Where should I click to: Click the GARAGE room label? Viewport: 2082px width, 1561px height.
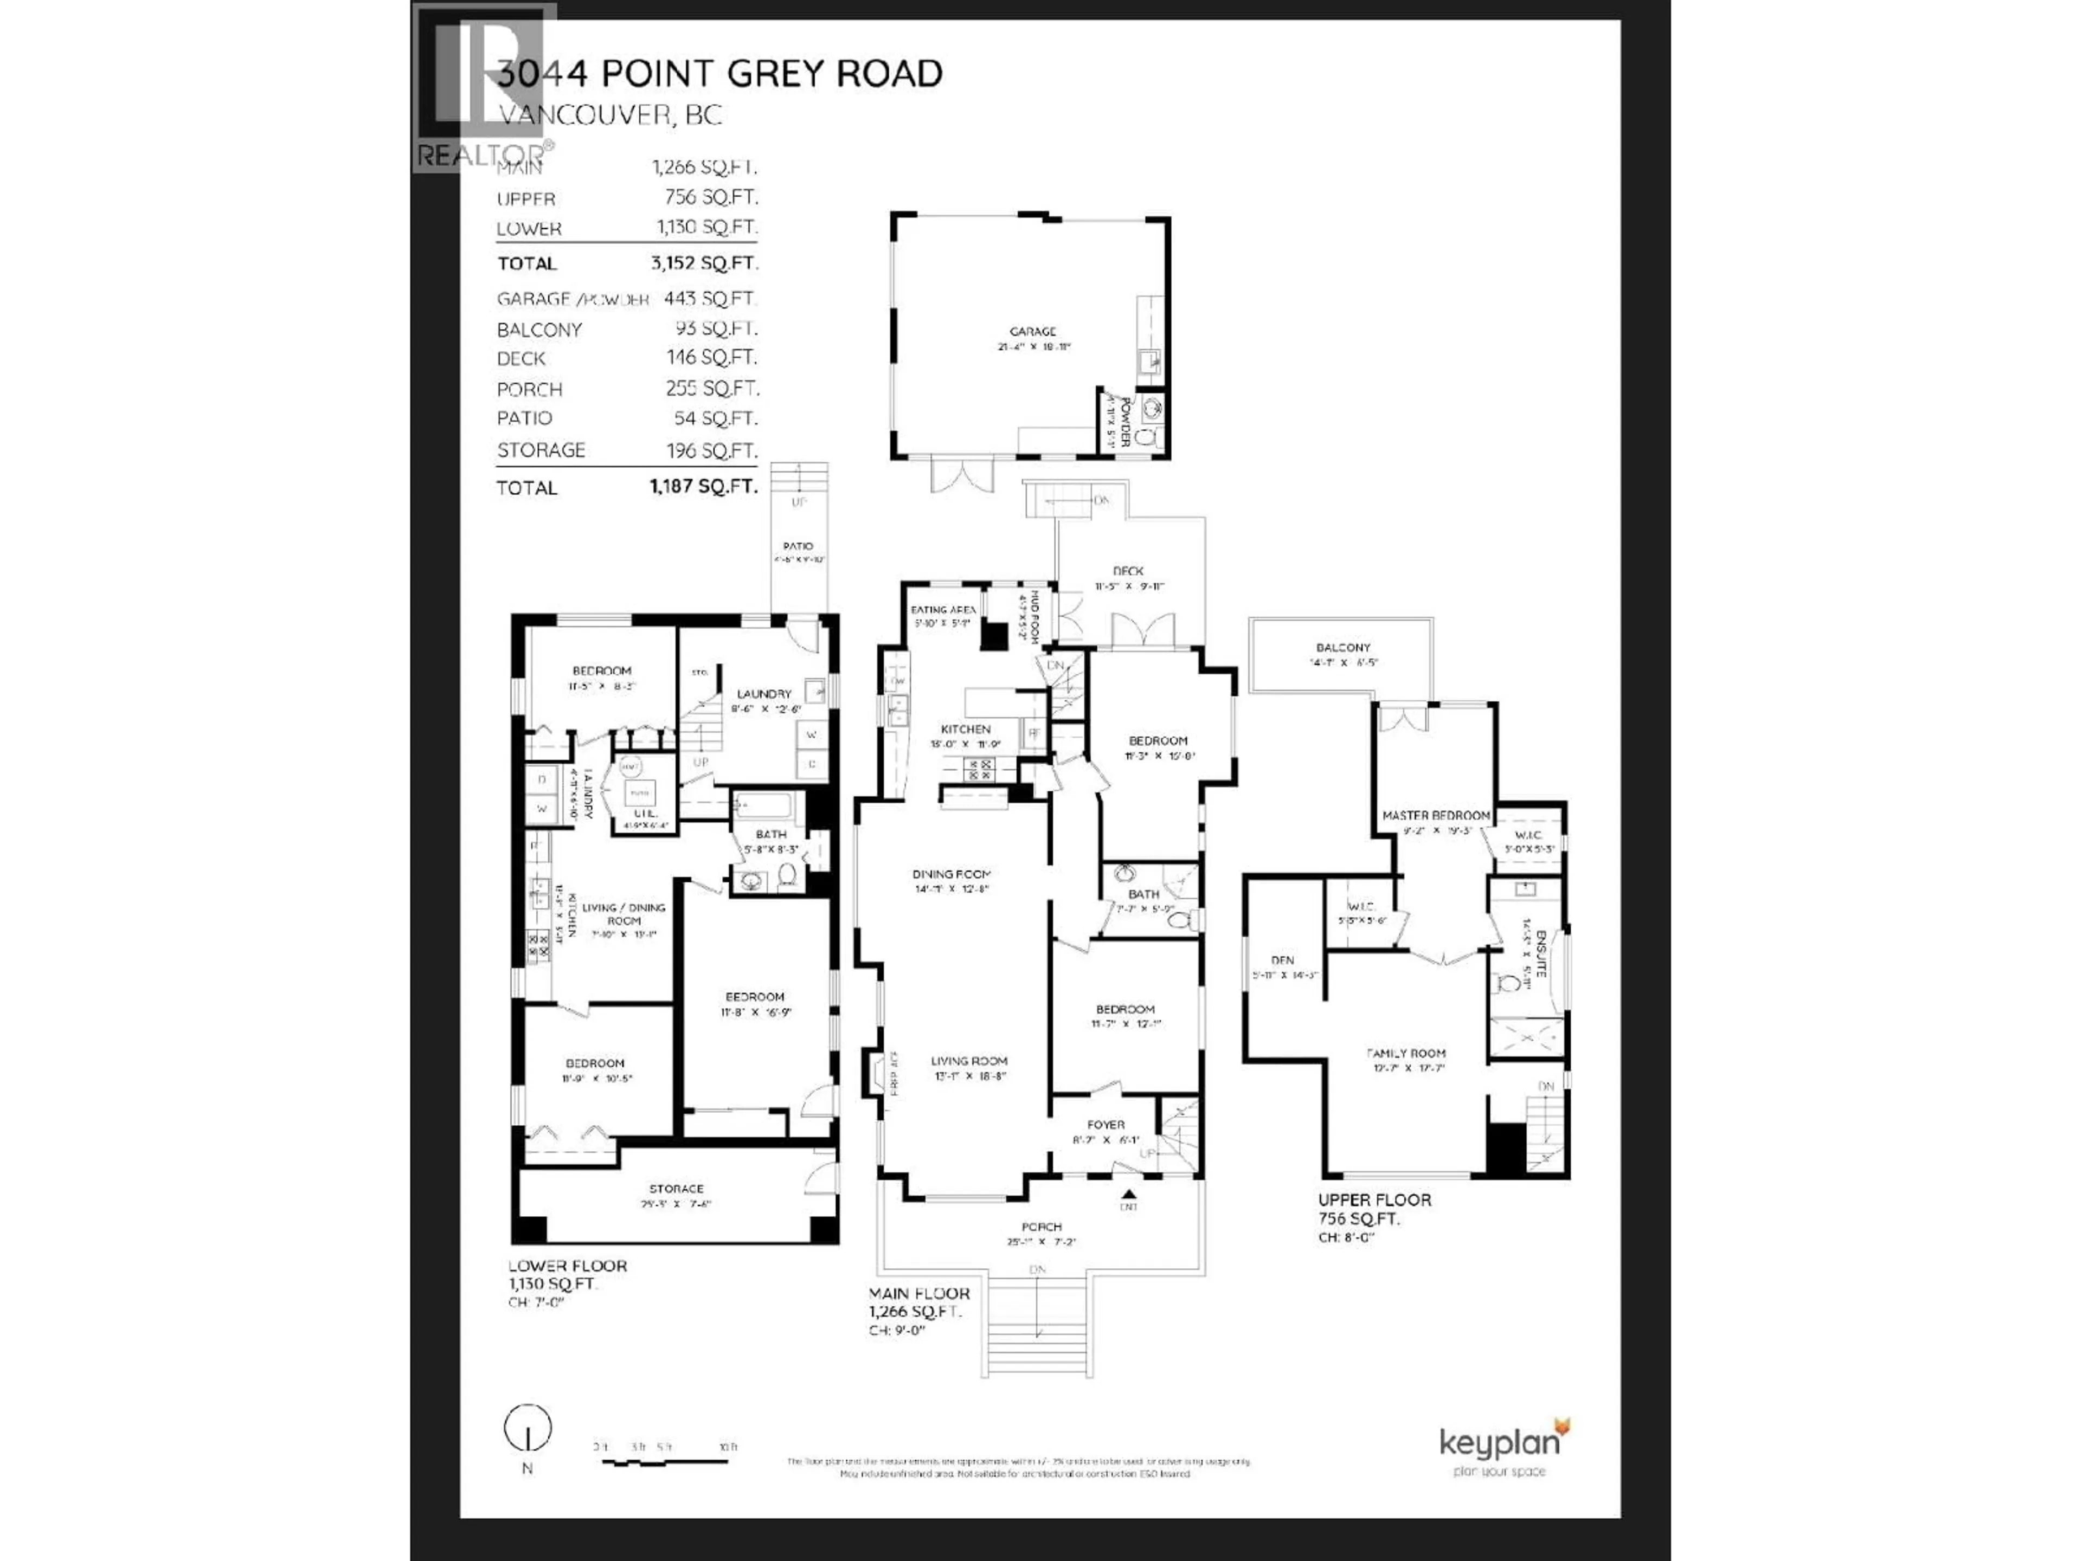[1032, 331]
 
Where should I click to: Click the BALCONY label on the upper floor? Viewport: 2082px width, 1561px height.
[1342, 647]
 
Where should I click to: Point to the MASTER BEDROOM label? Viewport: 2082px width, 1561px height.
[1435, 815]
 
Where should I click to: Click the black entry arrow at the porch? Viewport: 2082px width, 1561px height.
[1128, 1193]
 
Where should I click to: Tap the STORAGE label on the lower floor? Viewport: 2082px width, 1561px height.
[676, 1189]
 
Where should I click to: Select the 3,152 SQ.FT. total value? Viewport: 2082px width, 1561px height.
[704, 263]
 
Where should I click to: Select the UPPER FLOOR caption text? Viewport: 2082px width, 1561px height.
[1374, 1199]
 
